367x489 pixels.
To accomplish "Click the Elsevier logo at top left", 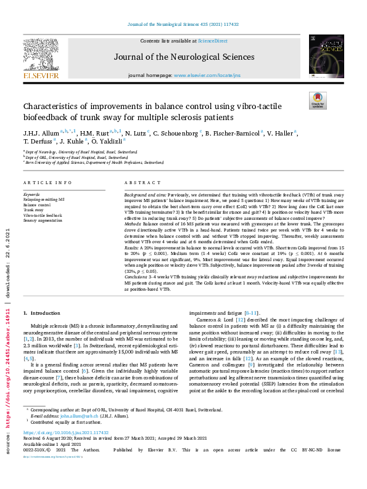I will [41, 59].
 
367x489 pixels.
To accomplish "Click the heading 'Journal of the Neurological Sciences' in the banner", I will [184, 57].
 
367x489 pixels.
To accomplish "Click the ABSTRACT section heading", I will [139, 183].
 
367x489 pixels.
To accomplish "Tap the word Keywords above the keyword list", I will [31, 193].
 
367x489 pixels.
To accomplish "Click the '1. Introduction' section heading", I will [43, 313].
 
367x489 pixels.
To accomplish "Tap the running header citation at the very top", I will [183, 24].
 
